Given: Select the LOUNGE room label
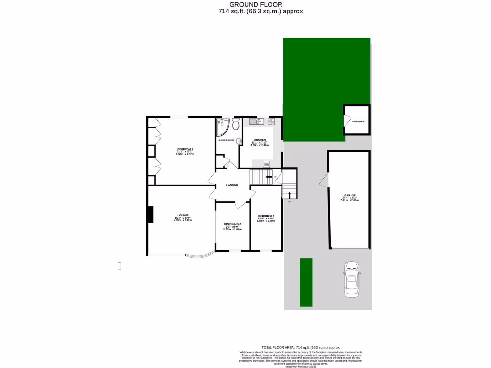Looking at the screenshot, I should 183,215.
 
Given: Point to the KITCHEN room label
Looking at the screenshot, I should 260,140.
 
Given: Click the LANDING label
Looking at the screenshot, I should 232,185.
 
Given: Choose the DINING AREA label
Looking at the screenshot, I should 233,224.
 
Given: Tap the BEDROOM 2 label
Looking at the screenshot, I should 266,215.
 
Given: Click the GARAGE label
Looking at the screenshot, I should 349,195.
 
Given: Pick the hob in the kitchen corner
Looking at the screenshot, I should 271,122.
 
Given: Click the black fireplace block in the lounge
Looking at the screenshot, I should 150,214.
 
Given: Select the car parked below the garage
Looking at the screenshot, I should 352,279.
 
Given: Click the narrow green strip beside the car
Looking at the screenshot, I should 306,282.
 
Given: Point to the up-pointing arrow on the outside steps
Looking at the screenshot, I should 289,193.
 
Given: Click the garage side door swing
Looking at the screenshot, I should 324,180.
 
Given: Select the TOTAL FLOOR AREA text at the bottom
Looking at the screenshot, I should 301,347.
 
